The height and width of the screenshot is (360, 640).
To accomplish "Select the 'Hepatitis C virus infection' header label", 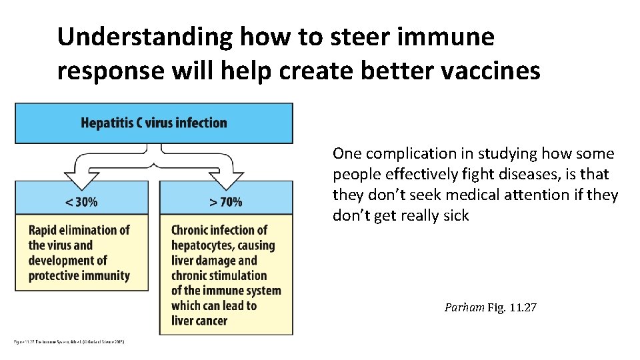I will click(x=154, y=123).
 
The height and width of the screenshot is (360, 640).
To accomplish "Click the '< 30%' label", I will click(x=81, y=201).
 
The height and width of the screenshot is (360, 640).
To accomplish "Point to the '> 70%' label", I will click(x=225, y=201).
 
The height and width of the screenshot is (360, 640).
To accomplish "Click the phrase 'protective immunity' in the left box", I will click(x=79, y=275).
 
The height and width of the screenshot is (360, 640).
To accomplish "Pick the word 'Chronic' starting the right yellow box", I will click(x=190, y=230).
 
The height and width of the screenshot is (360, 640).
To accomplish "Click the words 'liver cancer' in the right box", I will click(x=199, y=321).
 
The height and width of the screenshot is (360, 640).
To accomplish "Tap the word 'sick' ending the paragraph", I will click(x=457, y=215).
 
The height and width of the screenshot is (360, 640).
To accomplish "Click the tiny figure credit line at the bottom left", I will click(x=70, y=342).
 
